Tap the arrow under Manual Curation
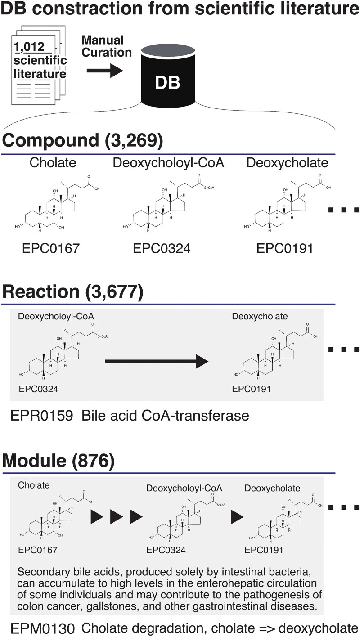pos(105,70)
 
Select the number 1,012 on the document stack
pos(29,47)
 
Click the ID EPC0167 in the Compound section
pos(50,248)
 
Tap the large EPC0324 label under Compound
pos(162,248)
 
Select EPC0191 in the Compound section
pos(285,248)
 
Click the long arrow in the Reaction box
pos(157,361)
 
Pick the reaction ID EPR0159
pos(42,416)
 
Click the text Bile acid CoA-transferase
pos(165,416)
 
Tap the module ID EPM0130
pos(43,628)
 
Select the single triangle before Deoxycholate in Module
pos(237,517)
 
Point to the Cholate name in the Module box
pos(34,485)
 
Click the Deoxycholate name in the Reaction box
pos(260,316)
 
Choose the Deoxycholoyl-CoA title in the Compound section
pos(168,163)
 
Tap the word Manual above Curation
pos(103,40)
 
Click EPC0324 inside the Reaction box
pos(38,389)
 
